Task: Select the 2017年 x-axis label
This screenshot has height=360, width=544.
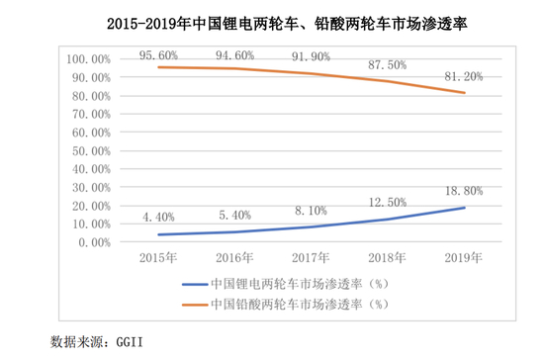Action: (x=314, y=258)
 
